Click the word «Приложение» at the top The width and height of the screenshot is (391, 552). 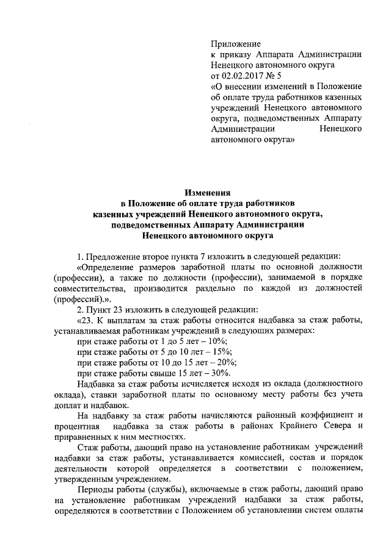point(235,44)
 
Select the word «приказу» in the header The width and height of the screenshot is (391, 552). point(240,55)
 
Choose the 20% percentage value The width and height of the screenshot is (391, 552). point(228,362)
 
